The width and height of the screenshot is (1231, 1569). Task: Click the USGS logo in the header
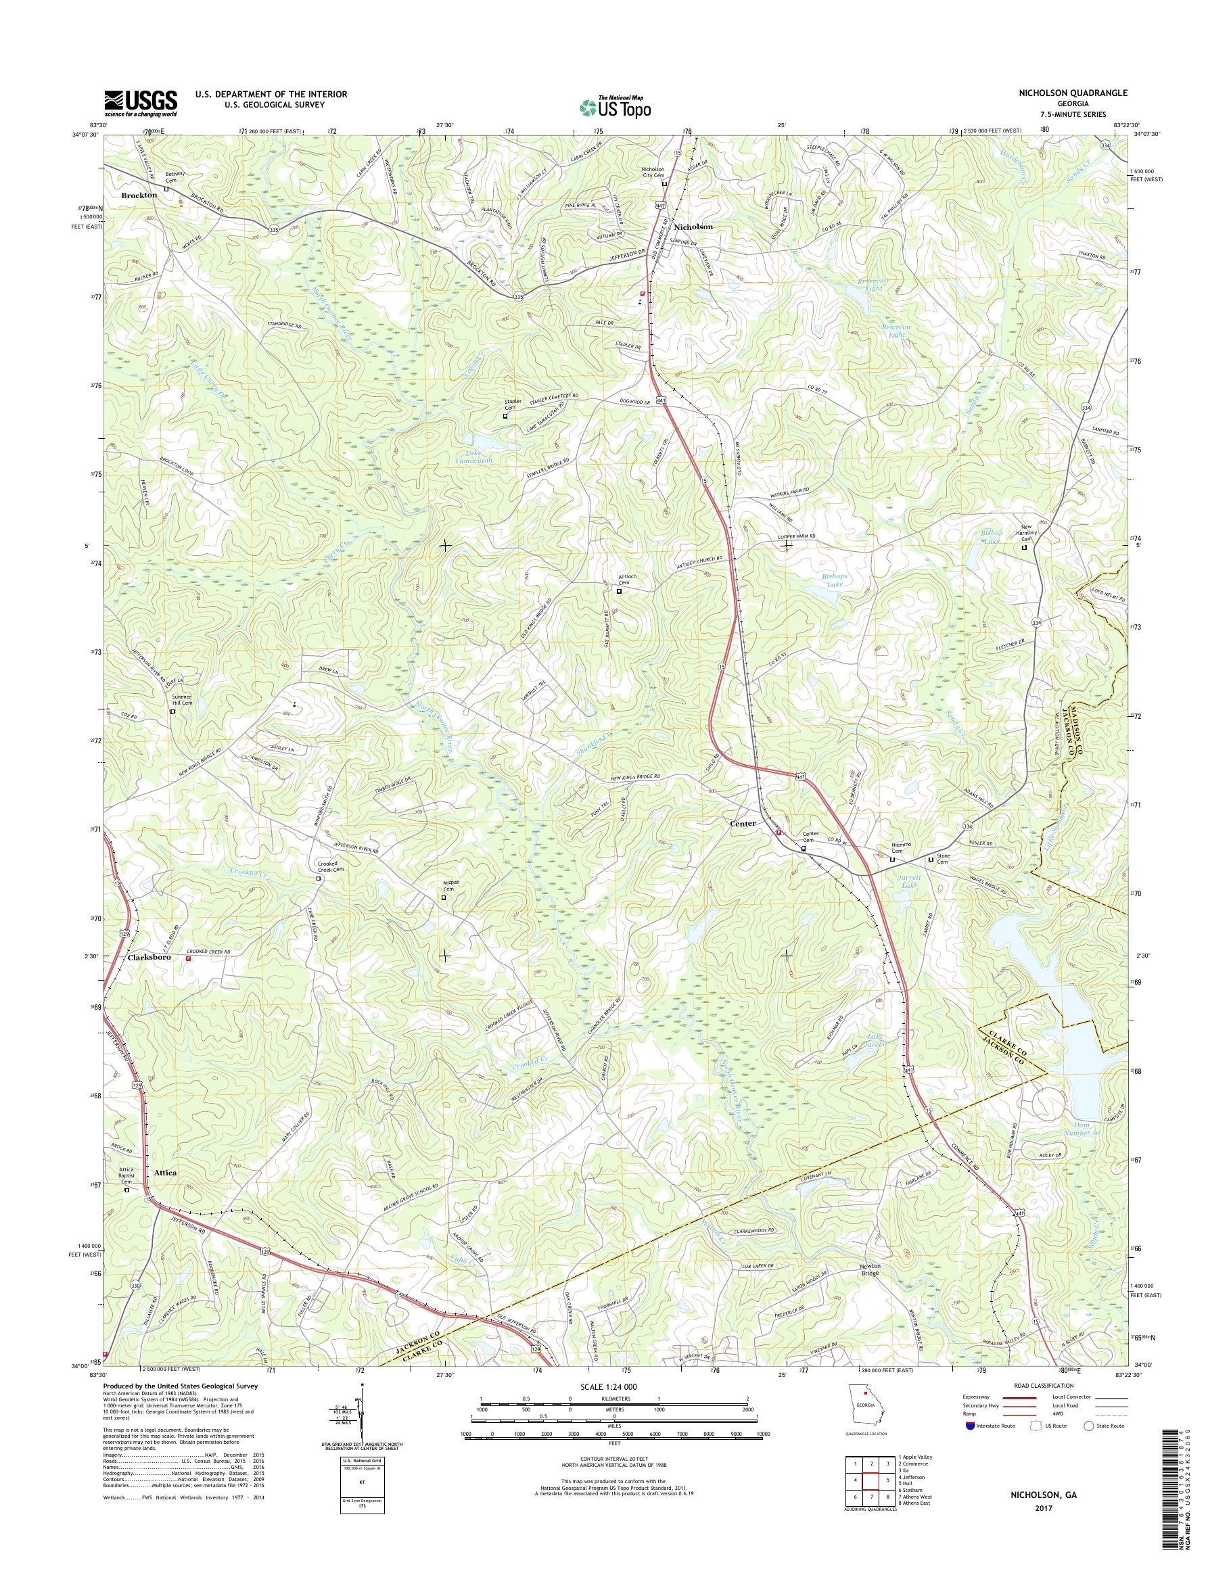141,103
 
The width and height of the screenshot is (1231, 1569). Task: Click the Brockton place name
139,195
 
